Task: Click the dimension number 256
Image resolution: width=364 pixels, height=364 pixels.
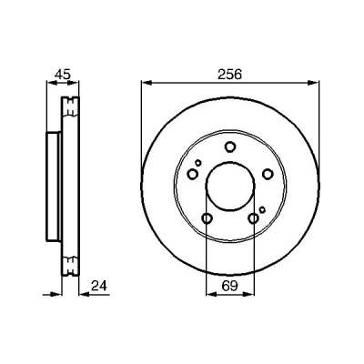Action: click(229, 75)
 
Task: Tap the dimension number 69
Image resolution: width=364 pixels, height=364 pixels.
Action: click(229, 286)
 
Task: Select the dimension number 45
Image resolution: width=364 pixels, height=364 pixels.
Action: click(63, 75)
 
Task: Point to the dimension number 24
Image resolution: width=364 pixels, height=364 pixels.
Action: click(99, 286)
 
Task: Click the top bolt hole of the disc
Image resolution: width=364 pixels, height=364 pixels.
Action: click(230, 147)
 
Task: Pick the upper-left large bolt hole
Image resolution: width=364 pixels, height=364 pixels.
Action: click(193, 174)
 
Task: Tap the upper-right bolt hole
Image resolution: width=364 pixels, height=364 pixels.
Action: click(268, 174)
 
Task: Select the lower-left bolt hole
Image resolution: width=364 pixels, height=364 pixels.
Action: click(207, 218)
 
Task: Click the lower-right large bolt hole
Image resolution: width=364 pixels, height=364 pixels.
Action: click(253, 218)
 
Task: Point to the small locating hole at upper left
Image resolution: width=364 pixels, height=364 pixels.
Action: click(198, 163)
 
